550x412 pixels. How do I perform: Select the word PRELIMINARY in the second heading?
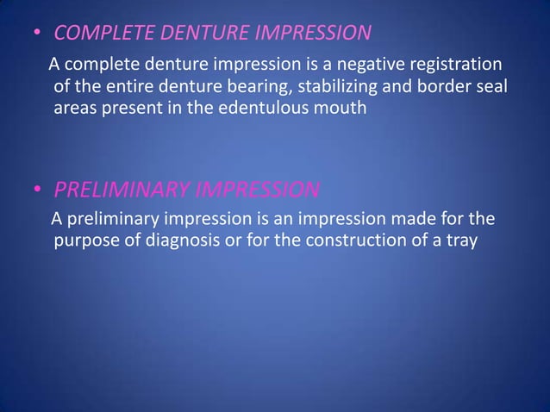pyautogui.click(x=123, y=189)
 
